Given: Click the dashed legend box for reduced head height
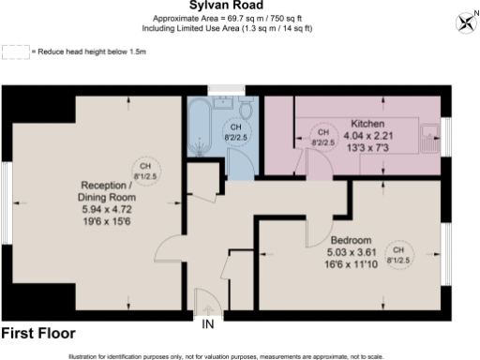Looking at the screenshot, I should click(x=15, y=52).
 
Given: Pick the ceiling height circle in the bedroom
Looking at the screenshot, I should click(x=398, y=254).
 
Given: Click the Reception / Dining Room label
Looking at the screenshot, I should click(x=106, y=191).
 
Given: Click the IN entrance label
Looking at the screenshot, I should click(x=207, y=324).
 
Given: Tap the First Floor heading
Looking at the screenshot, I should click(x=38, y=334).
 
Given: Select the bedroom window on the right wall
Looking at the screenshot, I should click(x=445, y=247).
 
